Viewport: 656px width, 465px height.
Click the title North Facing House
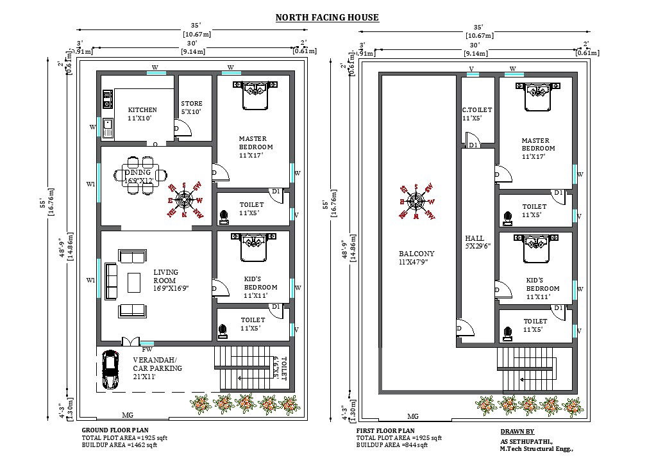(x=327, y=17)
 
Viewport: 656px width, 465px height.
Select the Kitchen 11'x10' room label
(x=142, y=114)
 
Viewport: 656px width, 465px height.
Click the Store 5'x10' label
(x=191, y=108)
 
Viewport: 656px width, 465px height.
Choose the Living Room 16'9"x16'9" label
(x=171, y=281)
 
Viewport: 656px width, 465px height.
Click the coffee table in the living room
(x=134, y=281)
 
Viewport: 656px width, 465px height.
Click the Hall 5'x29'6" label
(x=475, y=243)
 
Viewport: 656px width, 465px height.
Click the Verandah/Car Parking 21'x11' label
(x=157, y=368)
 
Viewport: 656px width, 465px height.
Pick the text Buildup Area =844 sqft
(x=393, y=445)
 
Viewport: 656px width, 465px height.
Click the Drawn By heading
(x=517, y=432)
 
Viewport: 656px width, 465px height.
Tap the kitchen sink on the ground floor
(x=107, y=126)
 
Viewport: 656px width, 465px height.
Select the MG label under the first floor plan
(x=412, y=417)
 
